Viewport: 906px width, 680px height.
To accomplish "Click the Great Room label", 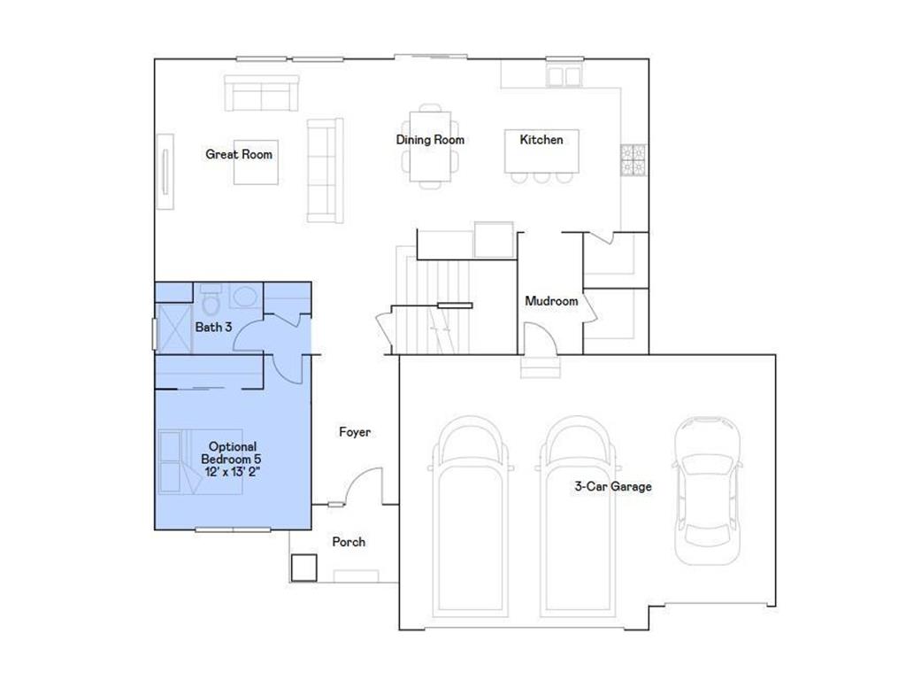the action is click(239, 154).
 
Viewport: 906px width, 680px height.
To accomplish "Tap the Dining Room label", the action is click(430, 140).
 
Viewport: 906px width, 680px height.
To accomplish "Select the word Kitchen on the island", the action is click(541, 140).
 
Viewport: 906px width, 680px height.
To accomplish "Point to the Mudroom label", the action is click(551, 301).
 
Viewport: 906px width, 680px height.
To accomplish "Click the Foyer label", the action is click(355, 432).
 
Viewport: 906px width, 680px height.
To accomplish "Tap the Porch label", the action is click(349, 542).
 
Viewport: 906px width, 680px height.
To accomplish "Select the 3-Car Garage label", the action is click(613, 486).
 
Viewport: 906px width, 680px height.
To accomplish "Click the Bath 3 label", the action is click(213, 328).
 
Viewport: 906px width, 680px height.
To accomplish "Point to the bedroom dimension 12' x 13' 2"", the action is click(233, 472).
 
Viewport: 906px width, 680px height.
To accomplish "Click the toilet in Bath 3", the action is click(211, 298).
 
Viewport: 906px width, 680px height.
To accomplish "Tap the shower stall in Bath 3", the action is click(174, 328).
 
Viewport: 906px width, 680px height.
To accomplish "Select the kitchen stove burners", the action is click(633, 159).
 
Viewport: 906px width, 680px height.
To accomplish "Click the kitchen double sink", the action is click(564, 76).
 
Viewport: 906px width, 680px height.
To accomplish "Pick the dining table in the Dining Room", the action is click(430, 146).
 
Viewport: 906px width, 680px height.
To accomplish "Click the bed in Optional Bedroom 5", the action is click(201, 461).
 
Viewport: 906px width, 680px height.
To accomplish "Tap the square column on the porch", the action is click(304, 568).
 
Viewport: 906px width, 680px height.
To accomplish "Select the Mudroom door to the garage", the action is click(540, 337).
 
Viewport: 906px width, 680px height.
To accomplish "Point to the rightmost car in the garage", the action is click(708, 491).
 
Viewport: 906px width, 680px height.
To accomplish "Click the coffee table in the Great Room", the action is click(256, 163).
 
